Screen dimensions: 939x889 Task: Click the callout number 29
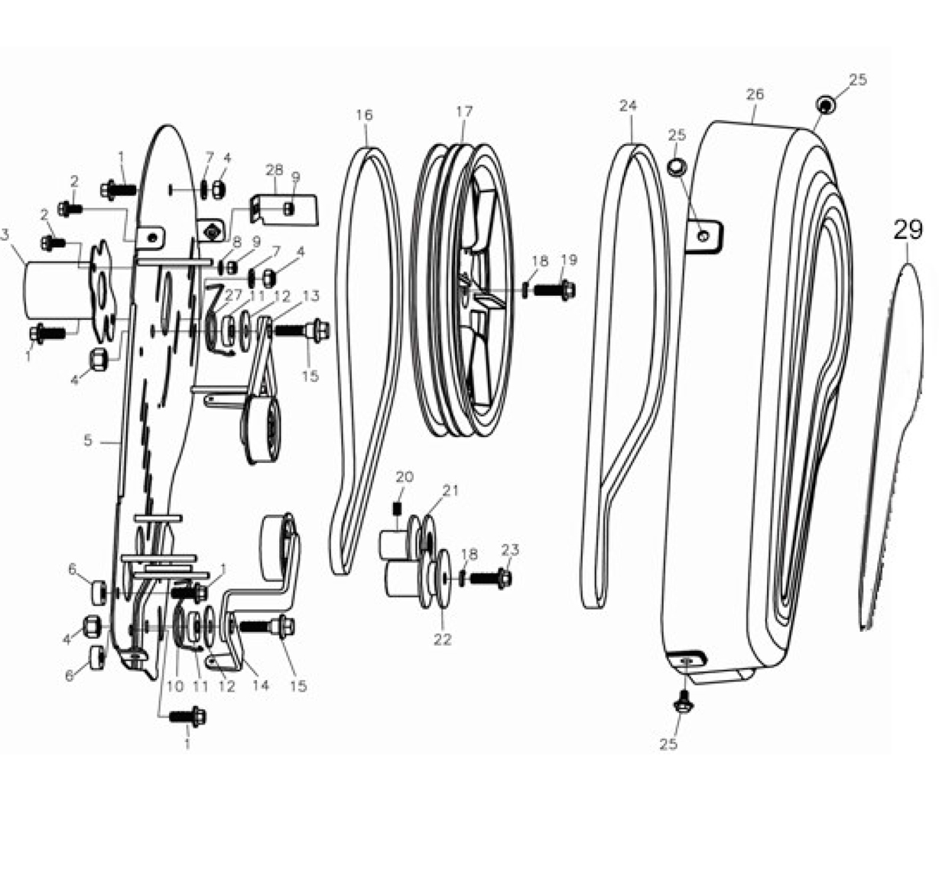pos(908,230)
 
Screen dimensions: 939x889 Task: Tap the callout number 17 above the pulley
pos(464,112)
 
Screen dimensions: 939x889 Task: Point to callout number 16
pos(364,115)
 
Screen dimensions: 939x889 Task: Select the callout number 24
pos(628,105)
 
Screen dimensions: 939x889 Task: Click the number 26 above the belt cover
pos(755,94)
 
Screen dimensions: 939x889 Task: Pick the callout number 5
pos(87,440)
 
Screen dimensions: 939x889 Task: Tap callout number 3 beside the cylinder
pos(5,235)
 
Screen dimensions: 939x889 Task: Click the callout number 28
pos(274,170)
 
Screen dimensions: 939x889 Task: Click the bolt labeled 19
pos(554,290)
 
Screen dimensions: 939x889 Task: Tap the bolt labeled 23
pos(491,578)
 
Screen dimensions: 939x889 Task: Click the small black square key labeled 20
pos(396,510)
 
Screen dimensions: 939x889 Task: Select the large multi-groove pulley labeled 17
pos(463,289)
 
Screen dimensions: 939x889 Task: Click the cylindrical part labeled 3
pos(57,291)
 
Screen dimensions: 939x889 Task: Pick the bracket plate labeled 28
pos(284,209)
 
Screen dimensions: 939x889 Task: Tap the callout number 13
pos(310,296)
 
